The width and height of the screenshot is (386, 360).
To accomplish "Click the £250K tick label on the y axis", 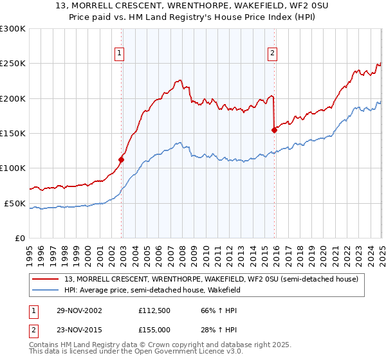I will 13,64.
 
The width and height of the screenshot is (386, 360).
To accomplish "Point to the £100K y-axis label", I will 13,168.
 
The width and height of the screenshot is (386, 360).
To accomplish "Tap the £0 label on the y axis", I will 20,238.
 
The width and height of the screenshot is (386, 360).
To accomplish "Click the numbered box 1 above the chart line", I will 120,53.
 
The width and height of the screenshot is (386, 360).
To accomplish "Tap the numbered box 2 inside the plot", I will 273,53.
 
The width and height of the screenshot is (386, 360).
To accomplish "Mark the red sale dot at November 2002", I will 121,159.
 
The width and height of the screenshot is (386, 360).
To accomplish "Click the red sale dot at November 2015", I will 274,130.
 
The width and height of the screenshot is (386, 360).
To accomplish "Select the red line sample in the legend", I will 46,278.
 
